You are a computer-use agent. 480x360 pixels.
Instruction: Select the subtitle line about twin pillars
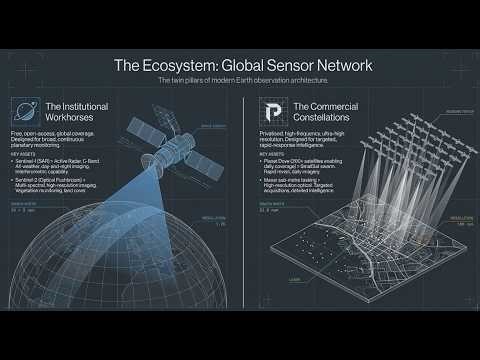pyautogui.click(x=240, y=80)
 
